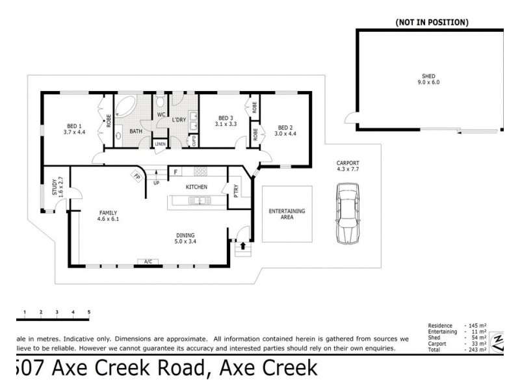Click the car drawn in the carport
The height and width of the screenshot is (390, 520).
pos(348,213)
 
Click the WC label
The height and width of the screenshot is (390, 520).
pos(161,115)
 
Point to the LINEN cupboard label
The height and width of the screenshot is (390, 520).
pos(160,144)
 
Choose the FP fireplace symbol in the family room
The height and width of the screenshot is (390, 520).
pos(137,175)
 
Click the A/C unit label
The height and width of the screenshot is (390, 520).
pos(148,262)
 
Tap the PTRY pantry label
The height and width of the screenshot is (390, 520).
pos(236,190)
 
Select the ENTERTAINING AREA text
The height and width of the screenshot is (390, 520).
pos(287,214)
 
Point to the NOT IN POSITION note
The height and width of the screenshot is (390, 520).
pos(432,22)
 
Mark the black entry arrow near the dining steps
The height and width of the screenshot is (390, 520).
pos(244,246)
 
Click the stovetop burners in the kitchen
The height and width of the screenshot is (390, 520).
pos(200,172)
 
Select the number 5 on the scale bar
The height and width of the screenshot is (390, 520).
pos(89,313)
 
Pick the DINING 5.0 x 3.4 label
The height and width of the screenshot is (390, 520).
pos(185,239)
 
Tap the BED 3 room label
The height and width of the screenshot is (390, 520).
pos(224,120)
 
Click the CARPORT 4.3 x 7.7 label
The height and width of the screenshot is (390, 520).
pos(348,166)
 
